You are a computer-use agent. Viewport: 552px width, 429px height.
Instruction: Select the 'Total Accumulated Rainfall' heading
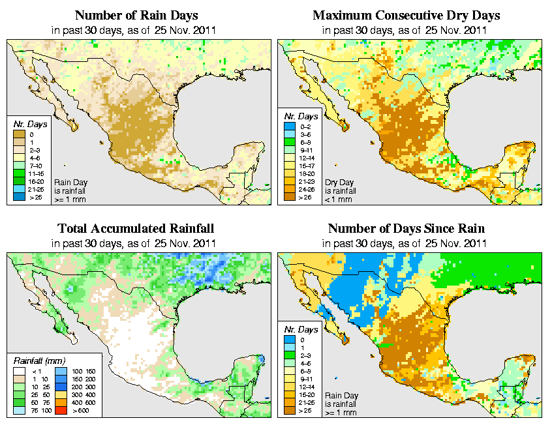pyautogui.click(x=136, y=229)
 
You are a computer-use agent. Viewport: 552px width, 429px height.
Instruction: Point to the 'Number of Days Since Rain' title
pyautogui.click(x=406, y=229)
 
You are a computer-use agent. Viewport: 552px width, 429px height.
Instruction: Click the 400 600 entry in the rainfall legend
pyautogui.click(x=81, y=404)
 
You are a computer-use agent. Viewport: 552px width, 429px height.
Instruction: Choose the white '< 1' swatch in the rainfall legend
pyautogui.click(x=18, y=370)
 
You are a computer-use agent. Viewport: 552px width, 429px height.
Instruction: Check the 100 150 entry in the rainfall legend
pyautogui.click(x=81, y=370)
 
